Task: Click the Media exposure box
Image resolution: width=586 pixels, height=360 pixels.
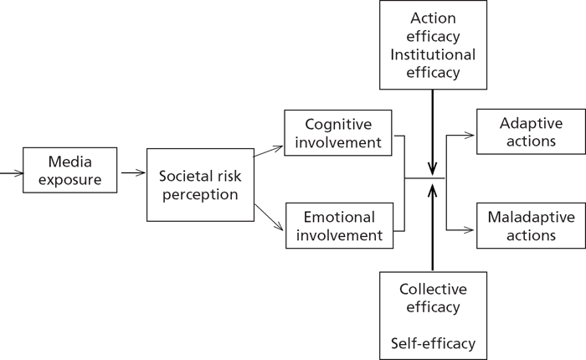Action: (69, 170)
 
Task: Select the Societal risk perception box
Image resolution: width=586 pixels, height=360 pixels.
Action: (199, 185)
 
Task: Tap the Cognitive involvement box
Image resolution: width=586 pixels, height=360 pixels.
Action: (338, 133)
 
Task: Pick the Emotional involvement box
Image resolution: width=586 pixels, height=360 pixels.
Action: (338, 225)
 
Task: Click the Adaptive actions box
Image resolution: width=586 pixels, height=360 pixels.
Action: (530, 131)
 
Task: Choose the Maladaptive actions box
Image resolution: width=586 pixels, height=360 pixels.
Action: (530, 225)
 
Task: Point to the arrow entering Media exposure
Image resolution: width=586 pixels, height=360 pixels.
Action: (10, 173)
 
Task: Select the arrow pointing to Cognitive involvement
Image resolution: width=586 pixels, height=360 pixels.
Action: (269, 150)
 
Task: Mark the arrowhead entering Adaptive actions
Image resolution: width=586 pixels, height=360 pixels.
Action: (470, 132)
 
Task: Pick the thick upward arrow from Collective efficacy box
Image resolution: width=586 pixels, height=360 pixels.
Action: (432, 226)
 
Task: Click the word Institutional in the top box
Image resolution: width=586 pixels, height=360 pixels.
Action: (432, 54)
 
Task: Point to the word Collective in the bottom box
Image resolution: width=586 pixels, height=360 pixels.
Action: (432, 289)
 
